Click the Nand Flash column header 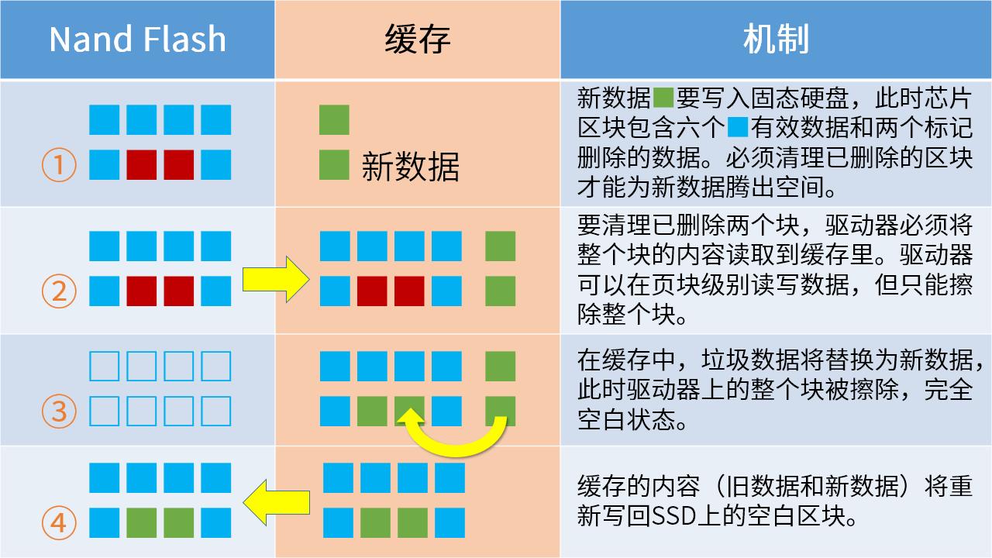[137, 39]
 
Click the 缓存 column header [418, 39]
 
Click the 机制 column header [776, 39]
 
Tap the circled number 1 [59, 165]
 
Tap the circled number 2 [59, 291]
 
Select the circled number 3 [59, 411]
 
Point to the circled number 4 [59, 524]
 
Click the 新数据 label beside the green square [410, 167]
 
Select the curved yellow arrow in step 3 [453, 437]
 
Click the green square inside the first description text [663, 98]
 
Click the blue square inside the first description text [738, 126]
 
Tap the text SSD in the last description [677, 516]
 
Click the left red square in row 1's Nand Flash [142, 164]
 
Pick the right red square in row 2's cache [409, 291]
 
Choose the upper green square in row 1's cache [334, 120]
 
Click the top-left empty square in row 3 [105, 366]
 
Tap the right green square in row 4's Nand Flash [179, 522]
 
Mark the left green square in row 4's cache [375, 522]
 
